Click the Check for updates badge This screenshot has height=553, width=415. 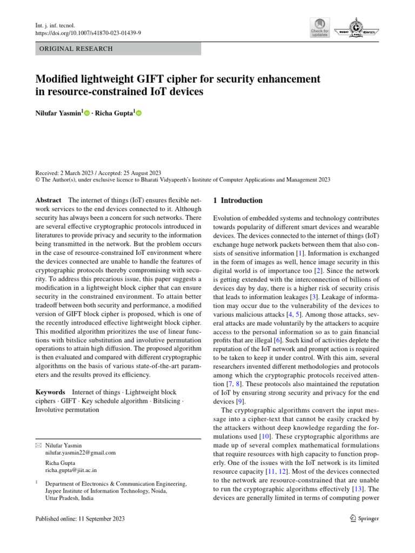point(319,28)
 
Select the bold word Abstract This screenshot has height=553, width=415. point(48,200)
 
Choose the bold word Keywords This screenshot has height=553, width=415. point(50,392)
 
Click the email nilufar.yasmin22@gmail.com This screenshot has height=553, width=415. point(81,453)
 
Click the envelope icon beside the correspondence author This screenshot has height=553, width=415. point(37,444)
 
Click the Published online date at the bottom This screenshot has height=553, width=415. point(79,519)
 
